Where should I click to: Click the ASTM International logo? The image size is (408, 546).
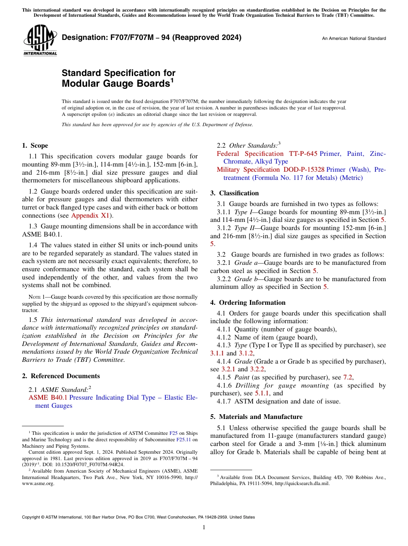[40, 40]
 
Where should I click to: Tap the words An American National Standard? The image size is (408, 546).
[353, 39]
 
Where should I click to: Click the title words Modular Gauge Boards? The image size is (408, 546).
[115, 83]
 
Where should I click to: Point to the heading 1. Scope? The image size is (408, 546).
[35, 146]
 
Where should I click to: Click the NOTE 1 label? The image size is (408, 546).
[34, 297]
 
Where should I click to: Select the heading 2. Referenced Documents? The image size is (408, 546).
[61, 376]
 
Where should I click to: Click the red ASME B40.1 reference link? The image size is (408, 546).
[48, 397]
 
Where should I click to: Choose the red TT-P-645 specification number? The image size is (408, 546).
[303, 154]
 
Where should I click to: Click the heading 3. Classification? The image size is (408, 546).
[234, 193]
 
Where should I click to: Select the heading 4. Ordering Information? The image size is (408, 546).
[247, 303]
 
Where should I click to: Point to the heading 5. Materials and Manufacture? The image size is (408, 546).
[256, 417]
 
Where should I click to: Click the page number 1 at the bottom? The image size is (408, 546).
[204, 528]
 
